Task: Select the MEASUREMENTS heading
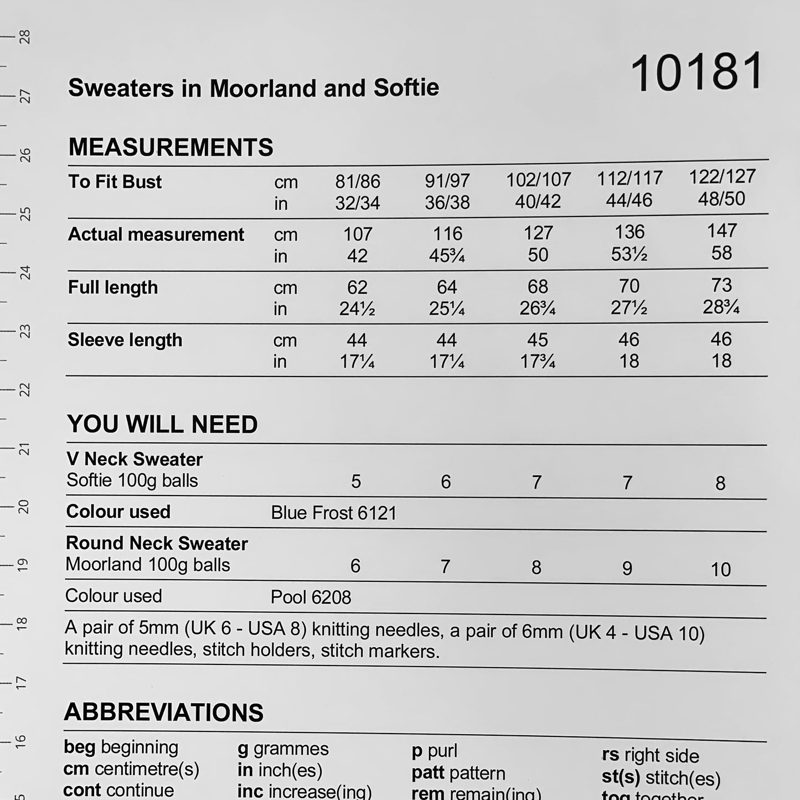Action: (x=171, y=147)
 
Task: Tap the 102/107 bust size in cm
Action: (x=538, y=179)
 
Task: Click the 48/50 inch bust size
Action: (x=721, y=199)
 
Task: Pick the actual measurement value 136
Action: (x=629, y=232)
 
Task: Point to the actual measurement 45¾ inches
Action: (x=447, y=255)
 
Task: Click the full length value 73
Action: (x=721, y=285)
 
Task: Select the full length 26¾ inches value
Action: (x=537, y=308)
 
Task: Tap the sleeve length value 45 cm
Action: (x=538, y=339)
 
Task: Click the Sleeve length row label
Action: (x=125, y=340)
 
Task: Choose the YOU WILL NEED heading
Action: (x=162, y=425)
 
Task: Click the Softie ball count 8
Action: (x=720, y=483)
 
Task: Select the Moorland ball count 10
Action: (x=720, y=569)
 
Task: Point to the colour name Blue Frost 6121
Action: (x=334, y=513)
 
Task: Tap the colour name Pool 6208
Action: (x=311, y=597)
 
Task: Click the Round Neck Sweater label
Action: (x=157, y=544)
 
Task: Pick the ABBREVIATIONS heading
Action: (x=163, y=713)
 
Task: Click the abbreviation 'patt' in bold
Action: (x=427, y=773)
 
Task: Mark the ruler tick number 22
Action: (x=24, y=390)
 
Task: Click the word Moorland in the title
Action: (x=260, y=88)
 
